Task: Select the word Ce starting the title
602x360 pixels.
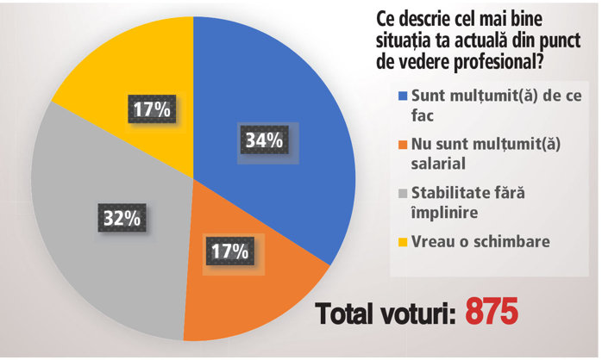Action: tap(385, 17)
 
